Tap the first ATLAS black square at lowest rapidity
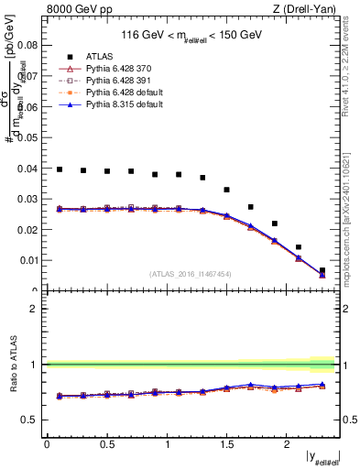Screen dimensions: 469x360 pos(60,169)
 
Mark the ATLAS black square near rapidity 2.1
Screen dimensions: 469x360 pos(298,247)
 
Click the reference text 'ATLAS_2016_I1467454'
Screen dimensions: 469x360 pos(191,273)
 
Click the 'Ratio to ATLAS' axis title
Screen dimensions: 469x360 pos(14,364)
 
